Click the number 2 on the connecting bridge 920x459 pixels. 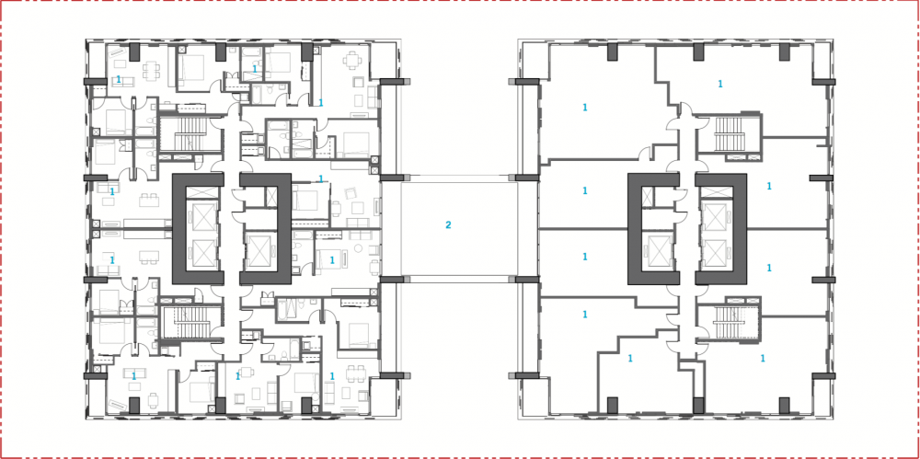click(x=448, y=225)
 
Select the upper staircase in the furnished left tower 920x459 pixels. click(x=189, y=134)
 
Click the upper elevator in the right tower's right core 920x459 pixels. click(x=718, y=217)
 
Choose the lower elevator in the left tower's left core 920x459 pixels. click(x=201, y=251)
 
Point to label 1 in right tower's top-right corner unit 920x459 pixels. click(x=719, y=85)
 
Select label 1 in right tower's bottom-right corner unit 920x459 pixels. click(x=764, y=357)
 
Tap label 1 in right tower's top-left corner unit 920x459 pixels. click(x=584, y=108)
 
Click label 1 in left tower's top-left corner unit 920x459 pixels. click(x=119, y=80)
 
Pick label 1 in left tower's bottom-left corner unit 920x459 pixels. click(x=134, y=376)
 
